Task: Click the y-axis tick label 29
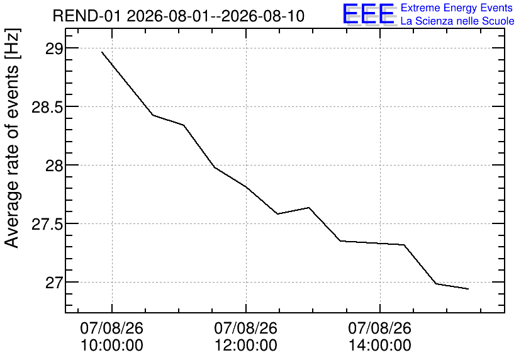[53, 48]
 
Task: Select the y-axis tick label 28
[53, 166]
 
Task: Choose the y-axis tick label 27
[53, 283]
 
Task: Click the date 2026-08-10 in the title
[263, 16]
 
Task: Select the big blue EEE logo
[369, 14]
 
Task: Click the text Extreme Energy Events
[457, 8]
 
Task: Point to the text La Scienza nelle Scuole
[457, 21]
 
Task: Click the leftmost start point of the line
[102, 52]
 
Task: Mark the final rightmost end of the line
[468, 289]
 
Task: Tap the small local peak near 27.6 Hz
[309, 207]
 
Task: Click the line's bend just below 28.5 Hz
[153, 115]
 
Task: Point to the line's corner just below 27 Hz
[436, 284]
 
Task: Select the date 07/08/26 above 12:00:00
[246, 328]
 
